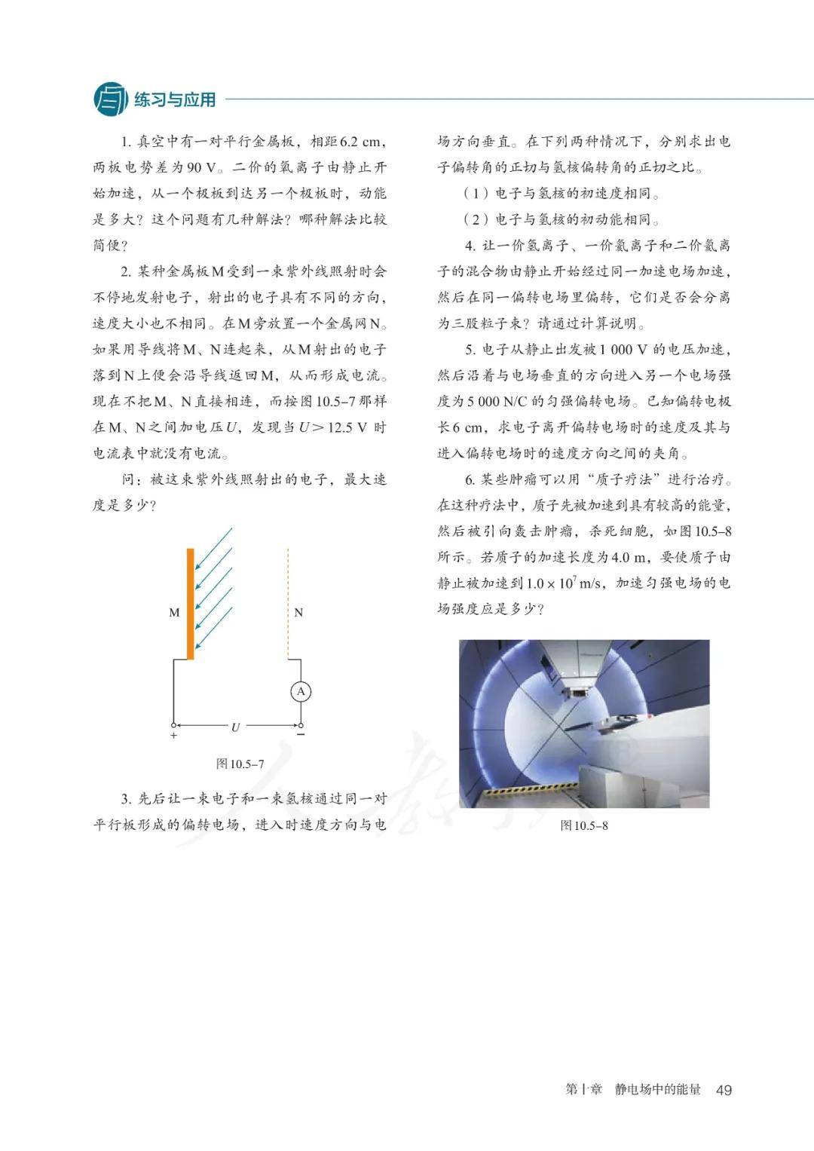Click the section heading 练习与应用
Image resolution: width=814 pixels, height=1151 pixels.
(175, 99)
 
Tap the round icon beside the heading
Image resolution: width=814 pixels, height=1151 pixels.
(111, 99)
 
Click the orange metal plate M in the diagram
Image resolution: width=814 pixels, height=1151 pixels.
(191, 603)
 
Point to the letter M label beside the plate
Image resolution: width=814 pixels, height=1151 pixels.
(174, 613)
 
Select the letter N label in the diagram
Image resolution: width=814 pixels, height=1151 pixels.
(298, 613)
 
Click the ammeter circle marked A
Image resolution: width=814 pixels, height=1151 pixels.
(301, 692)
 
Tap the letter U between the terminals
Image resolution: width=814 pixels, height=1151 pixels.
(235, 727)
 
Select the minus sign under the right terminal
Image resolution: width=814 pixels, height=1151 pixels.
(301, 734)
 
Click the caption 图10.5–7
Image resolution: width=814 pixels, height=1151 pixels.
(240, 764)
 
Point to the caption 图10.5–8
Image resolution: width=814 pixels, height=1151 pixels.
(584, 825)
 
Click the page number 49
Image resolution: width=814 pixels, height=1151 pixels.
(724, 1090)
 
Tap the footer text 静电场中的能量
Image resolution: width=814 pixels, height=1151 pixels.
(657, 1090)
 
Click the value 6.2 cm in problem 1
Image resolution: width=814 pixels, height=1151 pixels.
(361, 142)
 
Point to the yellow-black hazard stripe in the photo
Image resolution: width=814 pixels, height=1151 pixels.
(527, 791)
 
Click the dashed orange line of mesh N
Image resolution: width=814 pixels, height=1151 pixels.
(289, 603)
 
